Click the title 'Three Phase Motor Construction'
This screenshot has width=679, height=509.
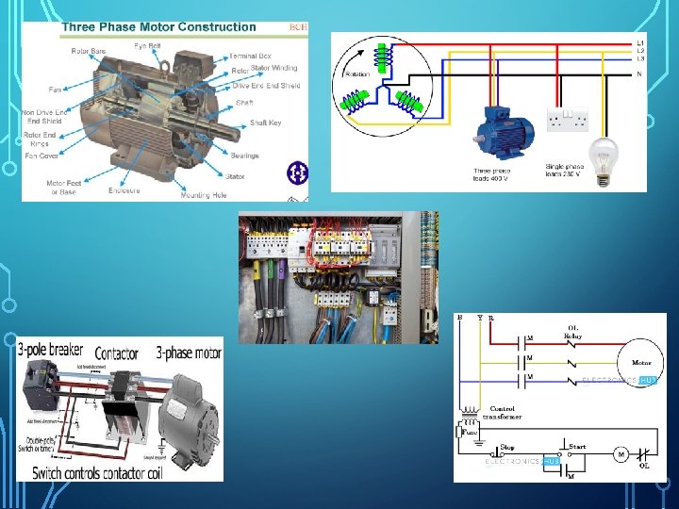[158, 27]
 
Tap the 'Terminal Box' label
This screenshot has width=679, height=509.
[250, 56]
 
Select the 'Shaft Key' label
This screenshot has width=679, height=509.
[266, 123]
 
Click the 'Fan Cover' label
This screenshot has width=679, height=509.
[41, 156]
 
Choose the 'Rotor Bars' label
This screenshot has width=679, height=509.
[88, 51]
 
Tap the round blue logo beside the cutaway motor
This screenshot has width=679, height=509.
[296, 172]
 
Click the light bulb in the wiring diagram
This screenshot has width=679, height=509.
[604, 151]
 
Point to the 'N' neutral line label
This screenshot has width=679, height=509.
[640, 74]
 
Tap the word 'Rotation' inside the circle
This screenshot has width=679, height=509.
[358, 74]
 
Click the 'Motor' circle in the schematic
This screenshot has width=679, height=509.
[641, 362]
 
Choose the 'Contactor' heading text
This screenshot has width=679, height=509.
[117, 353]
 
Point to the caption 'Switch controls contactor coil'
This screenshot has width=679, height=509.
[98, 472]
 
